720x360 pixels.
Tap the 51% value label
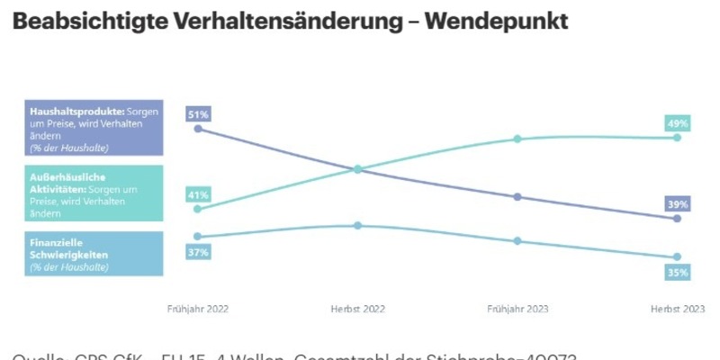[198, 114]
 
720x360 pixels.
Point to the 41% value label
[198, 194]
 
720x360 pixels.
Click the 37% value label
[198, 253]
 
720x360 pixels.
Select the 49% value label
[678, 123]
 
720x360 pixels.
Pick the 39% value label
[678, 204]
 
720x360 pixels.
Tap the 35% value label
[678, 272]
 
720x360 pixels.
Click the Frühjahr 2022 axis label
[198, 309]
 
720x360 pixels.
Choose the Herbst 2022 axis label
[357, 309]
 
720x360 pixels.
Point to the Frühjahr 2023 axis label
[517, 309]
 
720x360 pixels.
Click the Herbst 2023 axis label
[678, 309]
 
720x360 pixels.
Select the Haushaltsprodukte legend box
[94, 127]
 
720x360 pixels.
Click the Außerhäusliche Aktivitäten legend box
[94, 193]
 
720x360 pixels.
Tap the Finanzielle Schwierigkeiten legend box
[94, 254]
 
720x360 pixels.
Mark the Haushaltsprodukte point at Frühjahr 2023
[517, 197]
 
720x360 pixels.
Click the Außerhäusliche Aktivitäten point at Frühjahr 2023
[517, 139]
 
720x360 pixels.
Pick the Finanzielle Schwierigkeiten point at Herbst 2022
[357, 225]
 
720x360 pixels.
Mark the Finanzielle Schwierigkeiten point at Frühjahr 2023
[517, 241]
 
